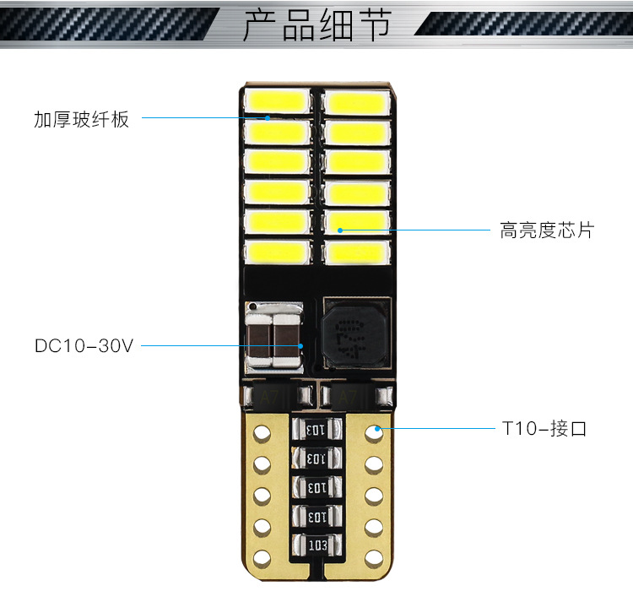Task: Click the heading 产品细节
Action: point(316,25)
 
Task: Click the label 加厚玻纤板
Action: point(81,119)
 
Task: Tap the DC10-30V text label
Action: point(84,345)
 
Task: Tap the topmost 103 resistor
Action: point(315,431)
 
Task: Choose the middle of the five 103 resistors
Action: point(315,487)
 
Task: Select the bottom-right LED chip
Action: point(355,251)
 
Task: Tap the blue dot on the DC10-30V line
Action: point(300,345)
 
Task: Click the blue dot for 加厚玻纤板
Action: point(268,118)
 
